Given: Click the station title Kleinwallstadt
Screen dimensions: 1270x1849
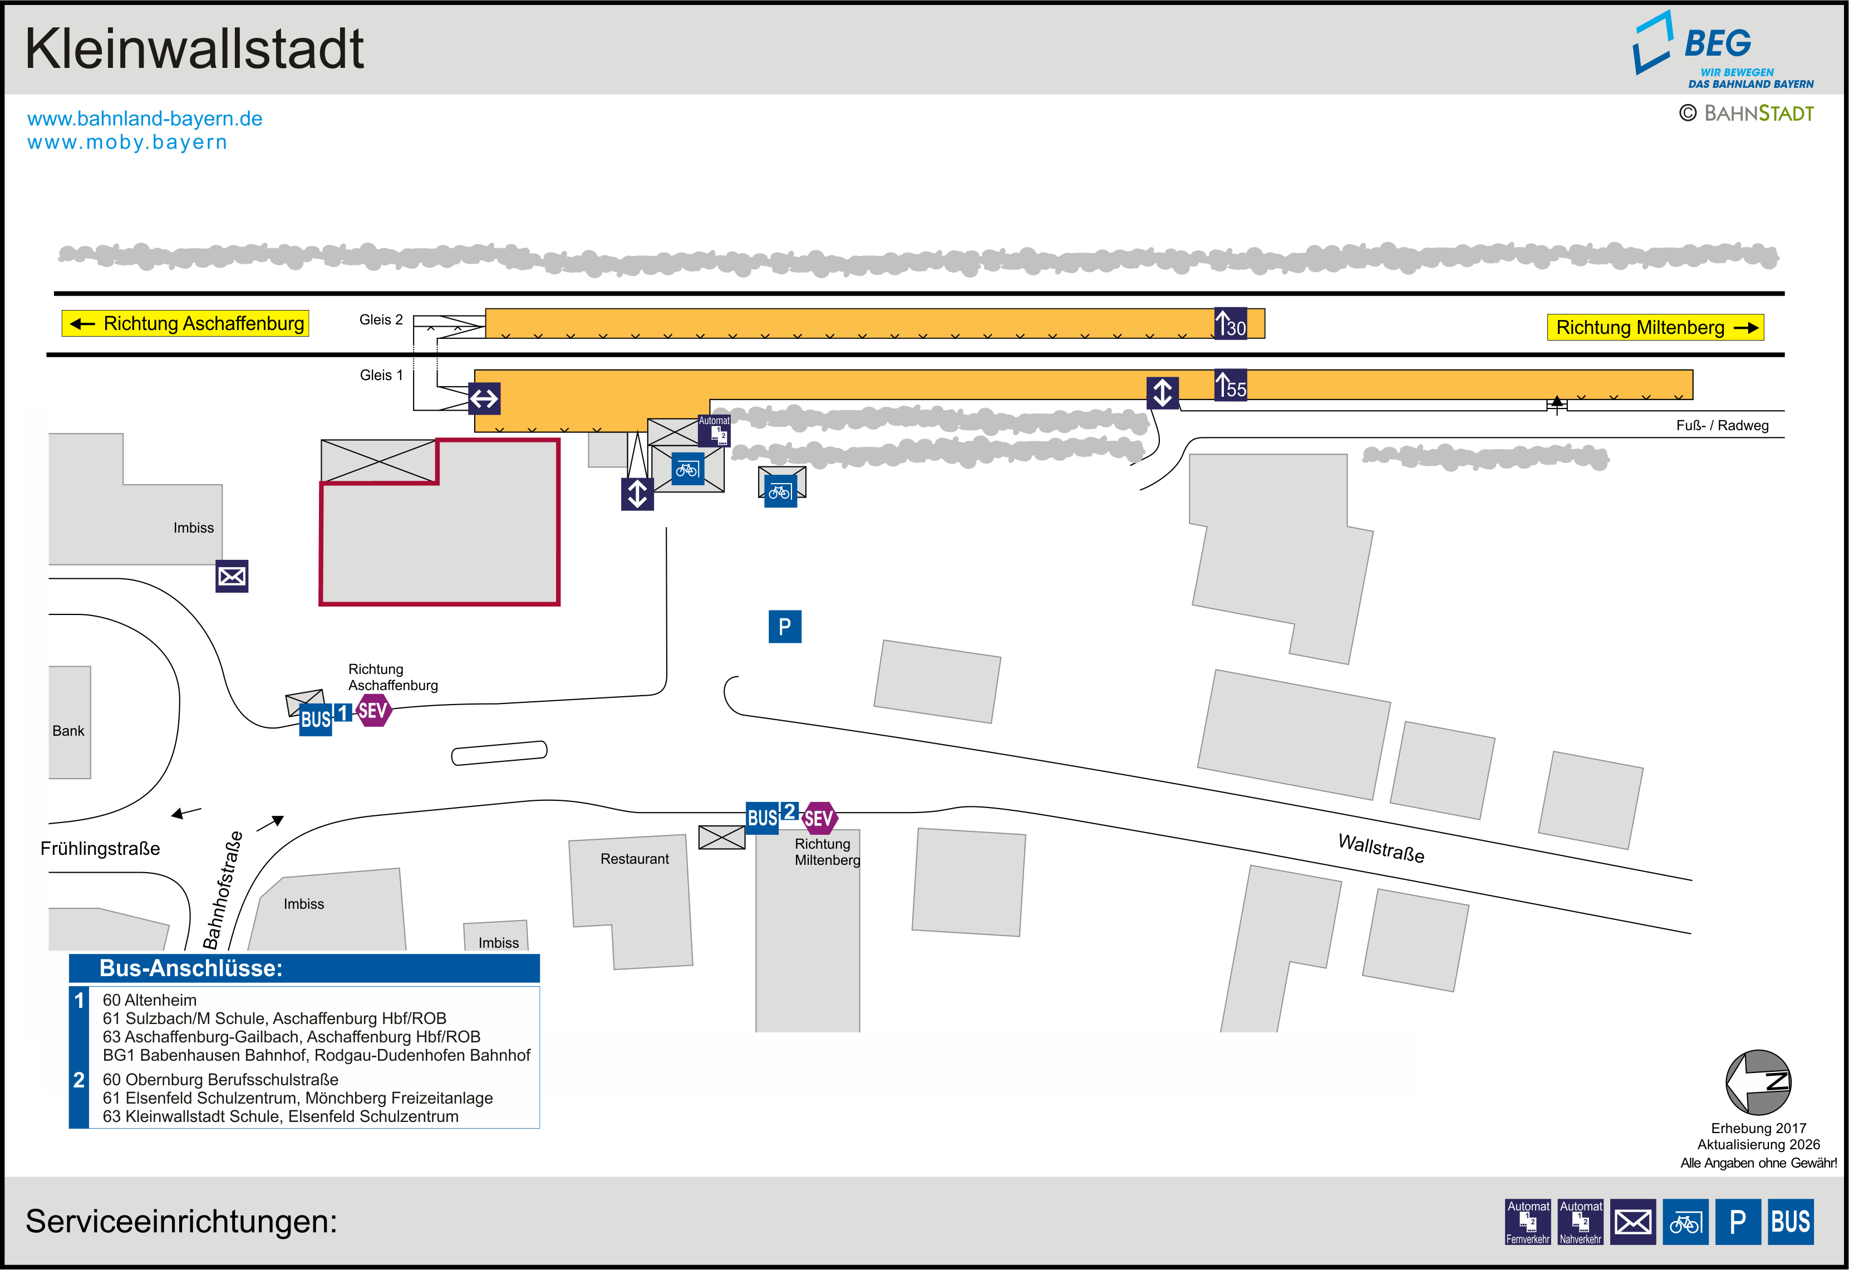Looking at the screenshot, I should coord(194,50).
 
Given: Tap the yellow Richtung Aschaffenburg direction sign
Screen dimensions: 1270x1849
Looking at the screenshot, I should coord(185,324).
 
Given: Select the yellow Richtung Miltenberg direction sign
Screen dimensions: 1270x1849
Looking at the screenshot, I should coord(1655,328).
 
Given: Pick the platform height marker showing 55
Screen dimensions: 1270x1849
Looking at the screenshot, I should coord(1230,385).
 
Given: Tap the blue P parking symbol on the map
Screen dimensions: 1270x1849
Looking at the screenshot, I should coord(784,627).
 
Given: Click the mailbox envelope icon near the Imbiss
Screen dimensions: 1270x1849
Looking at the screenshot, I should coord(232,576).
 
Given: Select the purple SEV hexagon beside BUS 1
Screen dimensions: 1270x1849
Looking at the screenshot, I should coord(372,711).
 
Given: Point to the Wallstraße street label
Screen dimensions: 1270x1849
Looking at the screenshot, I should coord(1380,848).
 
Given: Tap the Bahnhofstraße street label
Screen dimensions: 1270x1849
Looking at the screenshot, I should coord(223,890).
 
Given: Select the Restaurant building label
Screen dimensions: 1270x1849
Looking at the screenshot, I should coord(634,859).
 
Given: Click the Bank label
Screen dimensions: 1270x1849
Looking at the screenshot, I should coord(68,731).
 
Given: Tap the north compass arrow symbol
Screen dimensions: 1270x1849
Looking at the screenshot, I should coord(1758,1082).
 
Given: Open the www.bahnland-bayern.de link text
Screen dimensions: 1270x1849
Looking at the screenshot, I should coord(145,119).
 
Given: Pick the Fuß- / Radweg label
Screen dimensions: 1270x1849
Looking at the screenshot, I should coord(1722,426).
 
